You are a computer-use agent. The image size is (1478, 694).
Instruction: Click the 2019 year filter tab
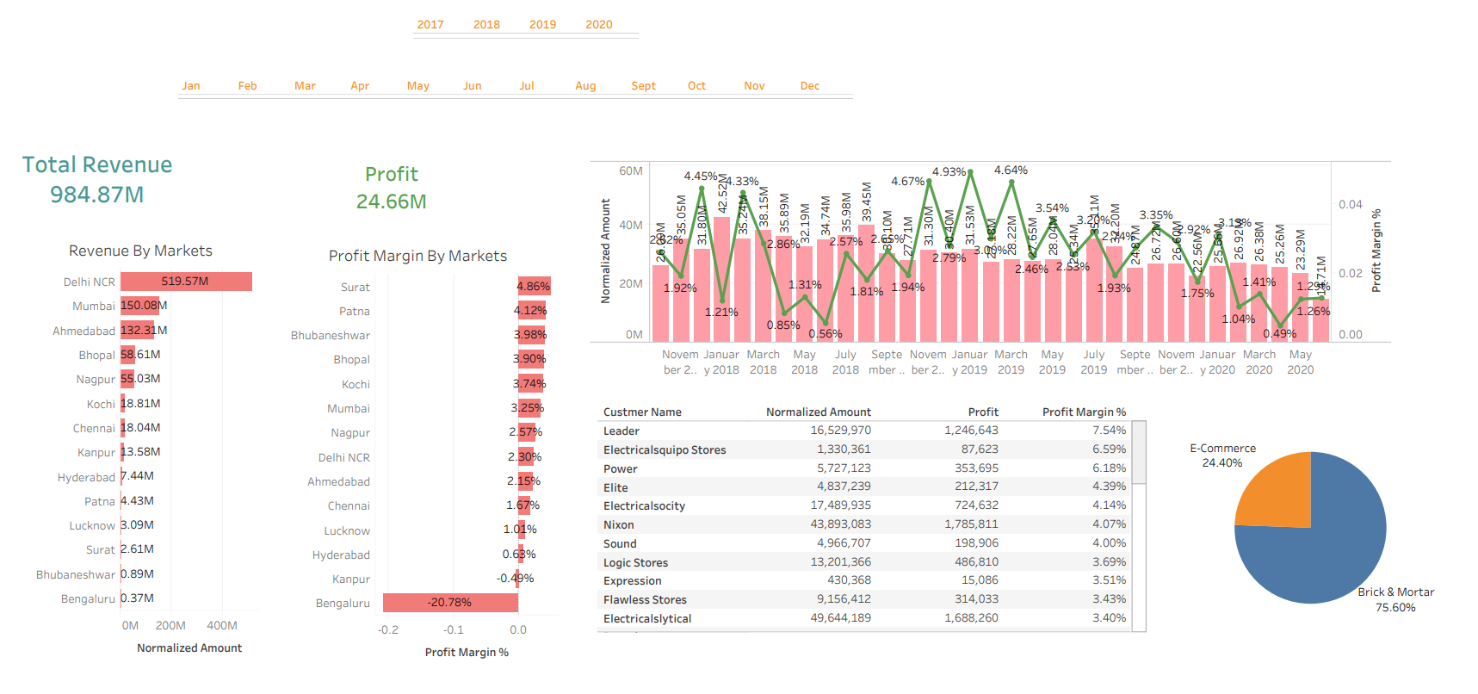tap(542, 25)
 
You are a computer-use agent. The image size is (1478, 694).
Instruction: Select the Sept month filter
tap(643, 86)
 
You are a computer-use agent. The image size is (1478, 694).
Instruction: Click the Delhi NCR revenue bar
tap(186, 282)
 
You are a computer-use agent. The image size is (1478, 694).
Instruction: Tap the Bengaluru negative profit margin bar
tap(449, 603)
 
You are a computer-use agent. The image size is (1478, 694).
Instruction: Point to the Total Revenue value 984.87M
tap(96, 195)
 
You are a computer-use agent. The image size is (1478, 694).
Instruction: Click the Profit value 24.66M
tap(391, 201)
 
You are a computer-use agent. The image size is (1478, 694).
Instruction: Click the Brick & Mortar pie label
tap(1395, 592)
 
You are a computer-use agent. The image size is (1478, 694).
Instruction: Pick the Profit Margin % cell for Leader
tap(1109, 431)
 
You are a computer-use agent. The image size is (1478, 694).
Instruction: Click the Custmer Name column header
tap(642, 412)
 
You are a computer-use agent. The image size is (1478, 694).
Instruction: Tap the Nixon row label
tap(618, 524)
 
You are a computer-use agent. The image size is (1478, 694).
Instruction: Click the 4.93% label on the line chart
tap(949, 172)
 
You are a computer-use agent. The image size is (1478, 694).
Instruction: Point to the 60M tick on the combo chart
tap(630, 171)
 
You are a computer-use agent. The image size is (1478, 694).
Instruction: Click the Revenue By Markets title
tap(140, 251)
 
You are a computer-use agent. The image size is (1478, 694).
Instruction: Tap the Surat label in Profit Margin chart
tap(355, 288)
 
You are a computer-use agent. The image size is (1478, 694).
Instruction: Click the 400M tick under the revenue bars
tap(221, 626)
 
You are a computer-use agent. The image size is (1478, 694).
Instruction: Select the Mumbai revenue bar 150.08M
tap(139, 306)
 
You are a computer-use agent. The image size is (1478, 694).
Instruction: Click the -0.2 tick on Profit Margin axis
tap(387, 630)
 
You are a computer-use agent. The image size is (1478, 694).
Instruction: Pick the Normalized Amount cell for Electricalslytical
tap(840, 618)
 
